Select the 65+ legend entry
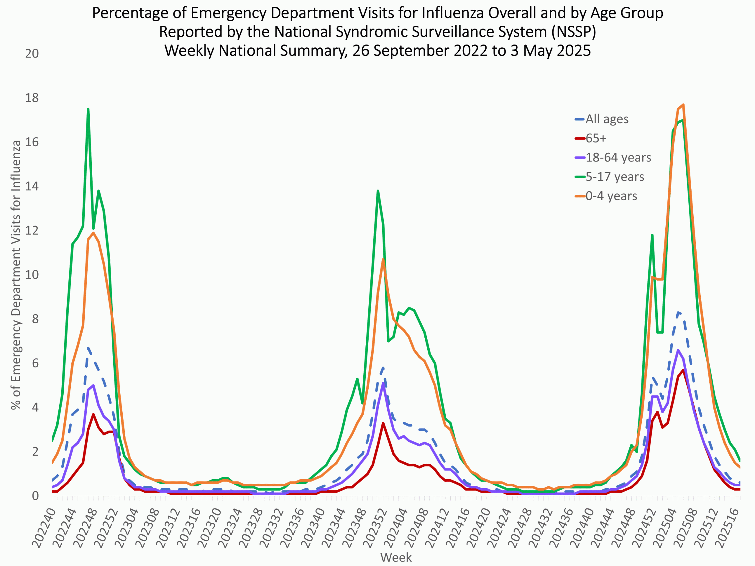(596, 138)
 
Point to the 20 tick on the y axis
(32, 54)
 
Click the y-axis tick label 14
(32, 186)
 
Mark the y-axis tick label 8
(35, 319)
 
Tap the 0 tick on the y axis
(35, 496)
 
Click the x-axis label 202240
(44, 527)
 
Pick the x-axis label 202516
(727, 527)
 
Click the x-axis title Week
(396, 557)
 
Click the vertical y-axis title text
(16, 275)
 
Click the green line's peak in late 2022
(88, 109)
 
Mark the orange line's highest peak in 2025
(683, 105)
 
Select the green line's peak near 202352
(378, 191)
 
